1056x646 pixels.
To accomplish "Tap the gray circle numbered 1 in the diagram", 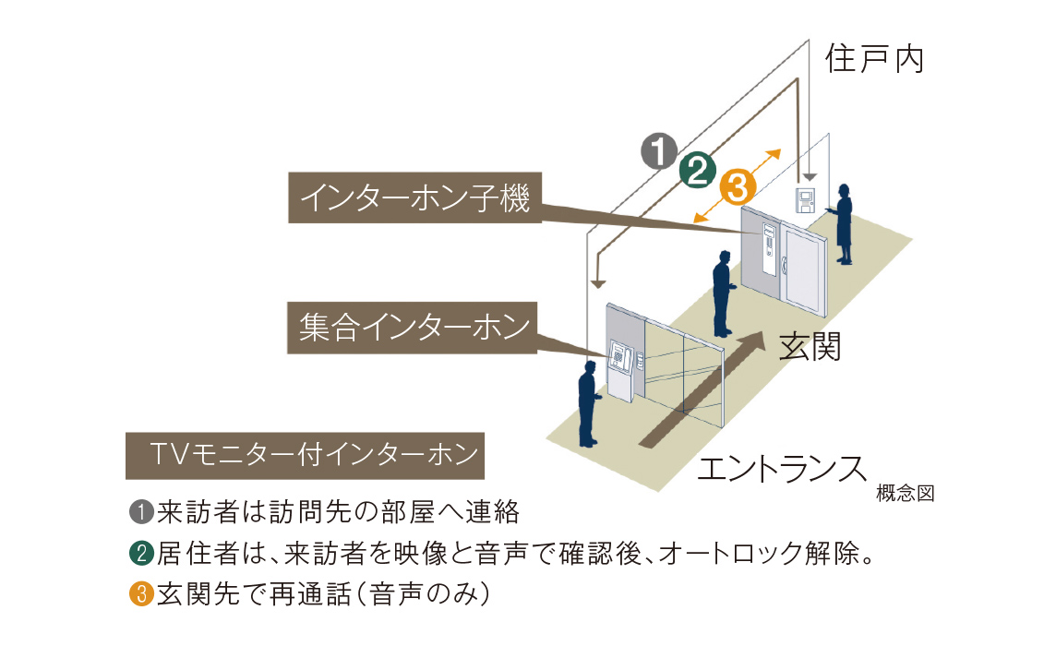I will [659, 151].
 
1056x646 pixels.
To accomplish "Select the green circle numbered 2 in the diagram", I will [699, 169].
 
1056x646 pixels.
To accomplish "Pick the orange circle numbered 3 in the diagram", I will [738, 187].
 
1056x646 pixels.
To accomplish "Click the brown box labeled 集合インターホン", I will [413, 328].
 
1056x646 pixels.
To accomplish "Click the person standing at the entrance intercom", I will [588, 403].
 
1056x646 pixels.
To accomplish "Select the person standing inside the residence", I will [842, 222].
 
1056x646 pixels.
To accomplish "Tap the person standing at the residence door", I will [723, 293].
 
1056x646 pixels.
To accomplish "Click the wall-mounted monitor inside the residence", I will [806, 198].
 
